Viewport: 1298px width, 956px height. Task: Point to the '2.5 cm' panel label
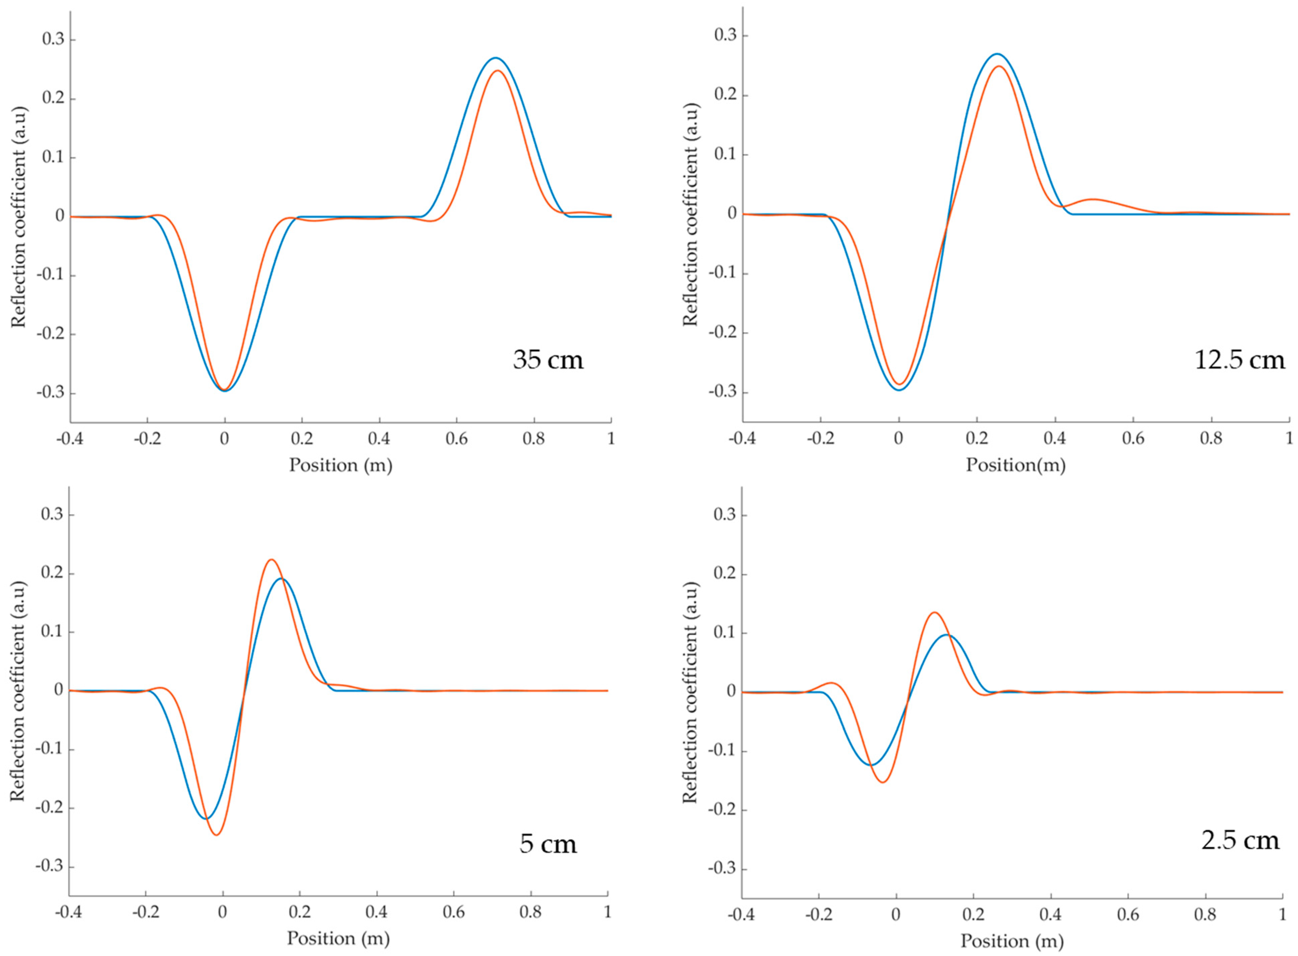(x=1240, y=840)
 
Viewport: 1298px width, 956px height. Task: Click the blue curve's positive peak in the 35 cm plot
(x=495, y=58)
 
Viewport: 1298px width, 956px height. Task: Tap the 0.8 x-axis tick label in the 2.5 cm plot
(x=1205, y=915)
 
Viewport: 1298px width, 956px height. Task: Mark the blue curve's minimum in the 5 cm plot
(x=206, y=818)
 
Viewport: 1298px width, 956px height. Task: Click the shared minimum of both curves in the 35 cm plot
(x=225, y=390)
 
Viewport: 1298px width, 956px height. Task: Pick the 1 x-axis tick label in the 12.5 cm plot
(x=1289, y=439)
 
